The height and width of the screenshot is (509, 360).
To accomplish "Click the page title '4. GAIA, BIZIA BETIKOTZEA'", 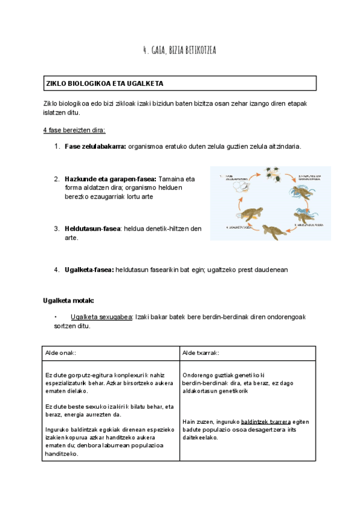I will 179,50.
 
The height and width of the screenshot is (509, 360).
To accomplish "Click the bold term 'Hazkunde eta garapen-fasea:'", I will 110,179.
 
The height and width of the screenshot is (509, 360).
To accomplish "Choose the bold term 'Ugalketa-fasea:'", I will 89,270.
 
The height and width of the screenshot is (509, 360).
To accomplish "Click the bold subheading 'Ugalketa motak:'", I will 68,300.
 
